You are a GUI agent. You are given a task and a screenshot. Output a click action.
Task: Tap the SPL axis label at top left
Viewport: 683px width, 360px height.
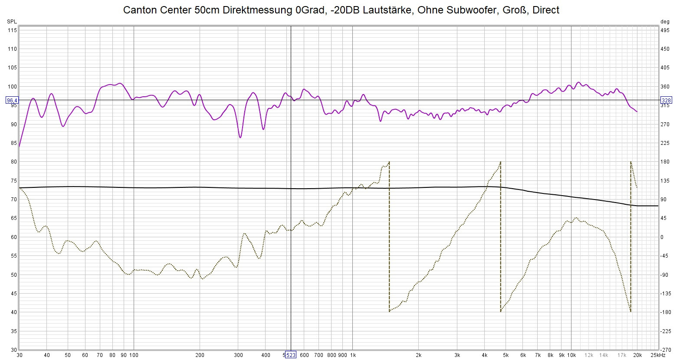(12, 22)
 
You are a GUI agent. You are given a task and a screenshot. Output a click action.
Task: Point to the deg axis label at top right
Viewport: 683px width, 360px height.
(664, 22)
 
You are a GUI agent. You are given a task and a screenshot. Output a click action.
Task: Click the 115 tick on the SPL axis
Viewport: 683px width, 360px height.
(12, 30)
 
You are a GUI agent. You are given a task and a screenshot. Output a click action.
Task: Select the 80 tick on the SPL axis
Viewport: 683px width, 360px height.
(13, 162)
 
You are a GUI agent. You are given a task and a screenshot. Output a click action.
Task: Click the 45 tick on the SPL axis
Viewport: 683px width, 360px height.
(13, 294)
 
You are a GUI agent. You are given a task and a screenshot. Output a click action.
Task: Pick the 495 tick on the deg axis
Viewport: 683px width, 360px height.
(665, 30)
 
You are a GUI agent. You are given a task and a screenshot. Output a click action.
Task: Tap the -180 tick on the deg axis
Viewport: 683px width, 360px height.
(665, 312)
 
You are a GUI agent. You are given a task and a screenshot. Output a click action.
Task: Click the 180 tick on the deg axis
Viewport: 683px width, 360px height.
(665, 162)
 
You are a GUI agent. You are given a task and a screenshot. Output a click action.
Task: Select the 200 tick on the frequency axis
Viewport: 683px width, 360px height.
(200, 355)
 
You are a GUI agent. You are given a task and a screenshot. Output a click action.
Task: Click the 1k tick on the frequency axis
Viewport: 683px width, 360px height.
(353, 355)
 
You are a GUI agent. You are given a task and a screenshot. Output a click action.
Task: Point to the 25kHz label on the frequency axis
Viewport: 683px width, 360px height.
(658, 355)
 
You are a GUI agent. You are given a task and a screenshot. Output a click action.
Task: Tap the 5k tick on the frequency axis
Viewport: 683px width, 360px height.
(506, 355)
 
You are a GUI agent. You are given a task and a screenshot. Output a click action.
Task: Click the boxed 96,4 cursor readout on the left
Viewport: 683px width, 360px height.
(12, 101)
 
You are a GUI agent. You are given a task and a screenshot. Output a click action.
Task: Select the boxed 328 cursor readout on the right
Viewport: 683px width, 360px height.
(666, 101)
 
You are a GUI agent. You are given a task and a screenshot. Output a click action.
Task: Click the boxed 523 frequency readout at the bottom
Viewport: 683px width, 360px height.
(290, 355)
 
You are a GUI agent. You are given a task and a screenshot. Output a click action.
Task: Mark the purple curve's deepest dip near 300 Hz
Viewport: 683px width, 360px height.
(240, 137)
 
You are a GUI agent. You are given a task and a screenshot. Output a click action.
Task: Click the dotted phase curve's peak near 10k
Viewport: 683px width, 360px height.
(576, 218)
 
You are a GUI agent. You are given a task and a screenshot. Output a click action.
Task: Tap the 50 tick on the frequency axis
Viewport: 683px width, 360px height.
(68, 355)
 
